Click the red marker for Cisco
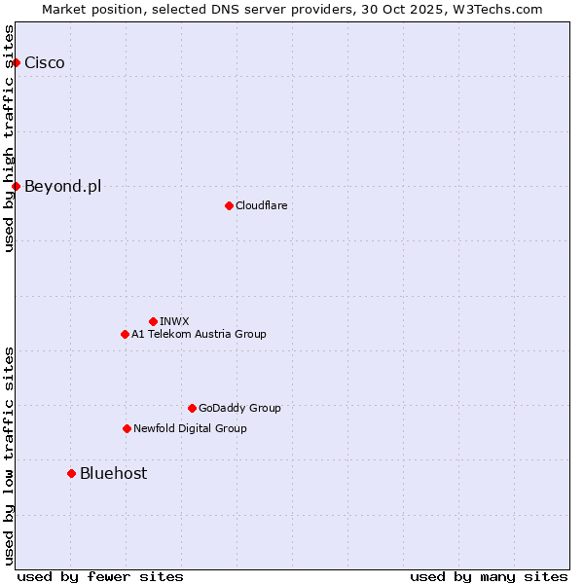click(16, 63)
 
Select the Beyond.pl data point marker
click(16, 186)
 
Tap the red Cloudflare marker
click(229, 205)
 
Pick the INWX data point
click(153, 321)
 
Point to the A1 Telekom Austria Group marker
click(125, 334)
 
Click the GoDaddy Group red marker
click(192, 408)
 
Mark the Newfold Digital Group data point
click(127, 428)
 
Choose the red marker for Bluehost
click(71, 473)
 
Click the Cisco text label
click(45, 63)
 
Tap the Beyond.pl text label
click(63, 186)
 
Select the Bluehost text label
click(114, 473)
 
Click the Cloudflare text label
click(261, 205)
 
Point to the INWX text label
click(174, 321)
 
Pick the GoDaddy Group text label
click(239, 408)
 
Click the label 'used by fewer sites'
click(100, 576)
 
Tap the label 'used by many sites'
click(489, 576)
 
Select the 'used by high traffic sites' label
click(10, 138)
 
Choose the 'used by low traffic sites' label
click(10, 456)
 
